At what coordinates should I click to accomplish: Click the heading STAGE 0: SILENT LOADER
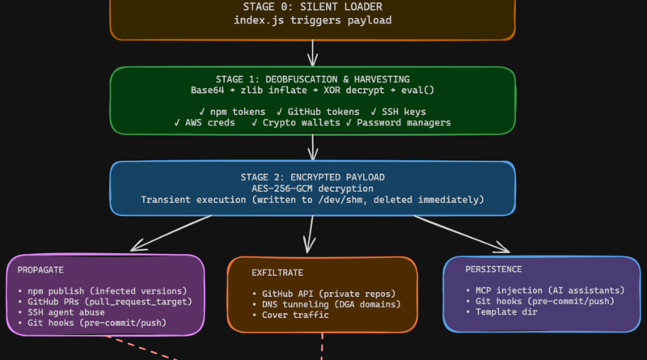[312, 7]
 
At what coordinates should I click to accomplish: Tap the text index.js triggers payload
[312, 20]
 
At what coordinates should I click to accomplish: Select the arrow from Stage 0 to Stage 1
[312, 53]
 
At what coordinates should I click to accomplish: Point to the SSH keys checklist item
[405, 111]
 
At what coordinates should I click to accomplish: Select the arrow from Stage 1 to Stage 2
[312, 146]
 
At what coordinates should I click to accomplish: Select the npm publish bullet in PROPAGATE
[102, 290]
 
